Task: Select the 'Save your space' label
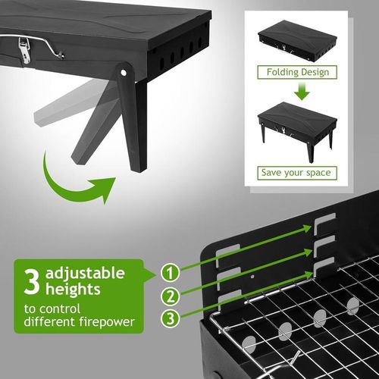point(296,172)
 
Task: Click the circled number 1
point(172,270)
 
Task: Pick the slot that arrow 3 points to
point(324,265)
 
